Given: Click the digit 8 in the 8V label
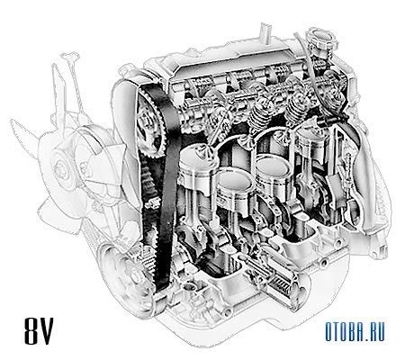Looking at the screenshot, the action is click(31, 331).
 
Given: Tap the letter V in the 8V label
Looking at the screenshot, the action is click(46, 331).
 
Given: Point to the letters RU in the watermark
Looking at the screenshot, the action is click(376, 331).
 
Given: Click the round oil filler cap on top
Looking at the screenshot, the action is click(322, 40).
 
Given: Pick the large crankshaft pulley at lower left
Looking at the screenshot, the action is click(126, 276).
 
